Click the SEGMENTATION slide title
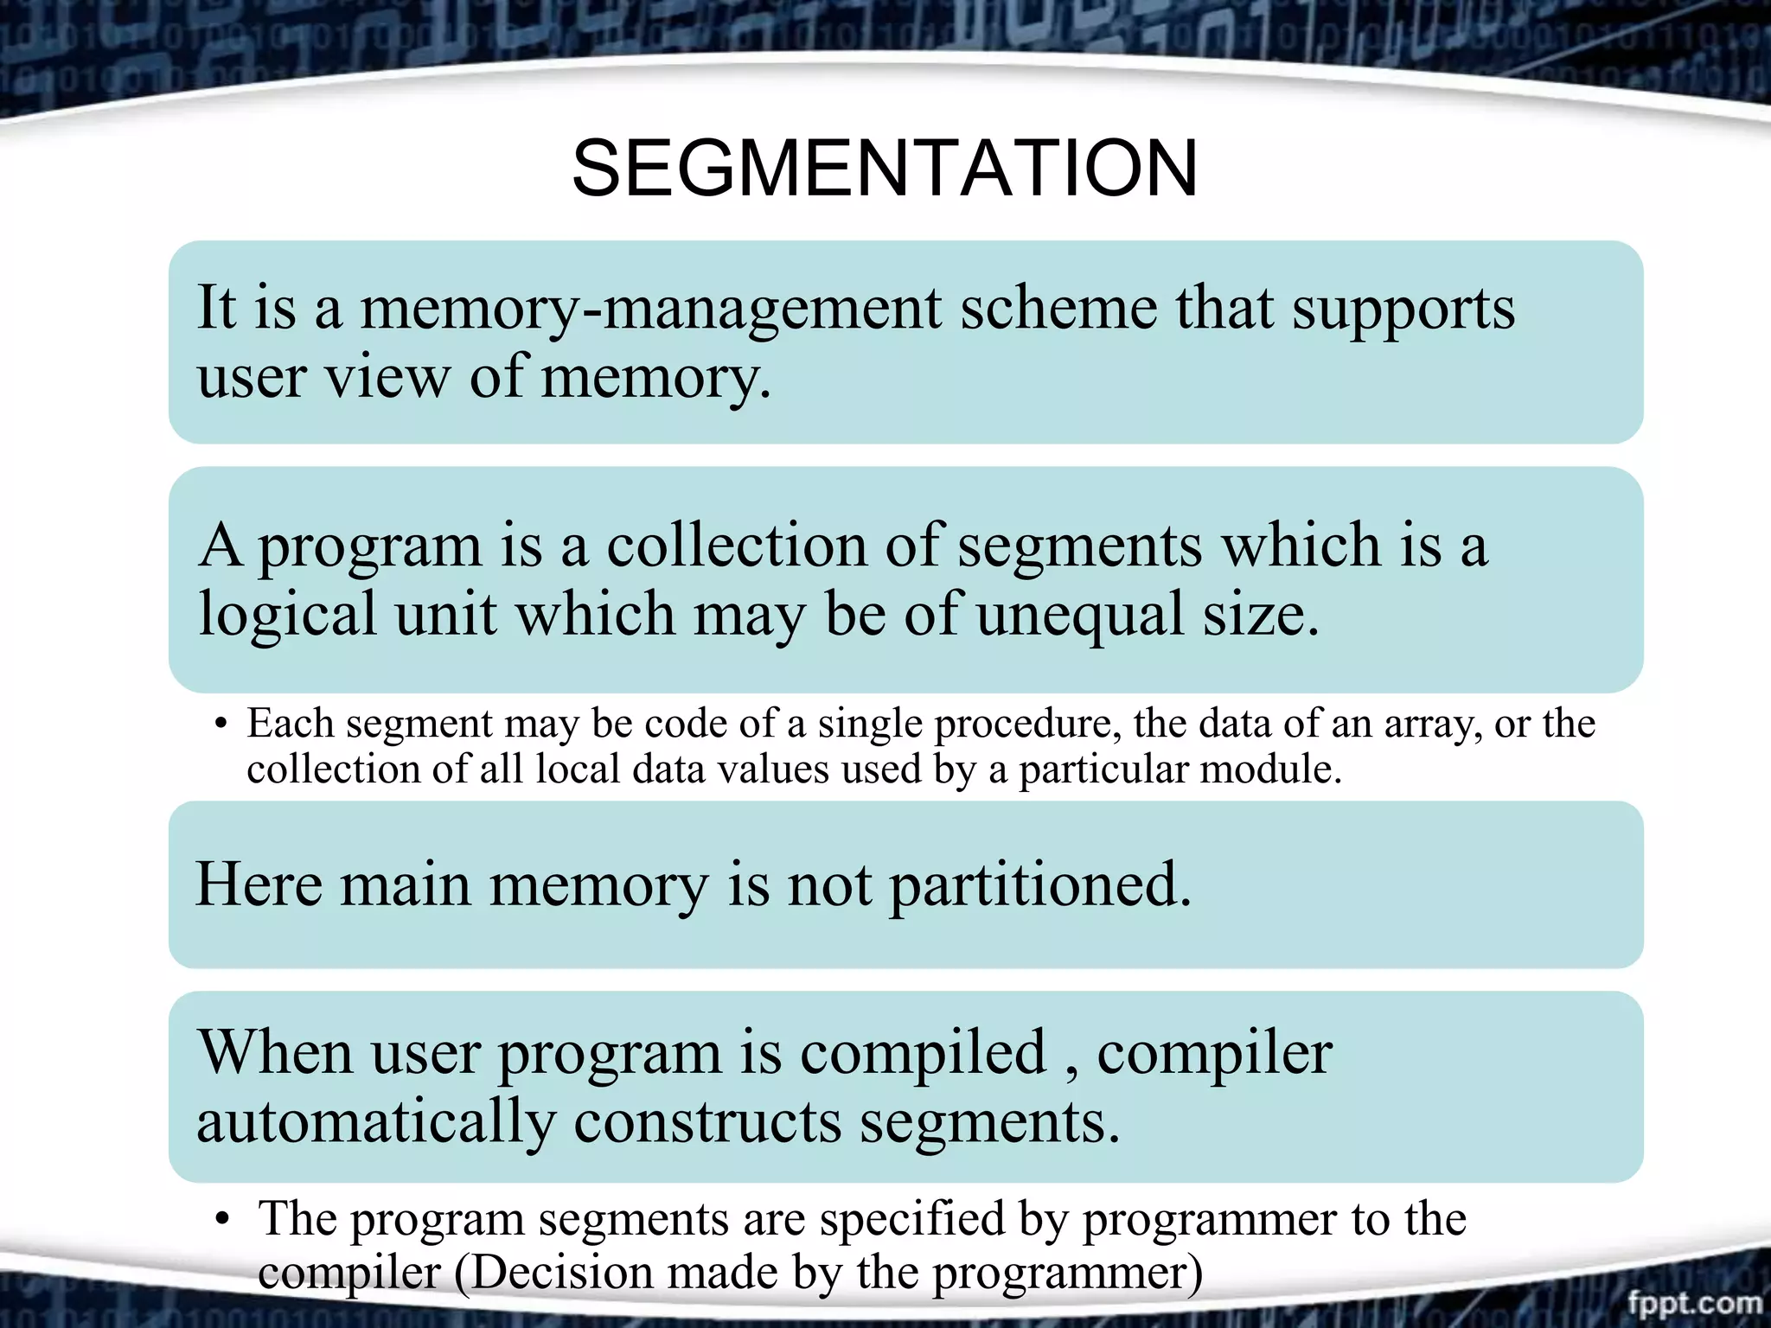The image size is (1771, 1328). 885,169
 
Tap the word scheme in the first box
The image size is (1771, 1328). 1058,309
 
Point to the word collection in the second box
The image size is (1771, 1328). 736,546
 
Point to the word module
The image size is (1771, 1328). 1290,769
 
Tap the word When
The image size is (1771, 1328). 275,1052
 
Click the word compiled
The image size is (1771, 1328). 923,1054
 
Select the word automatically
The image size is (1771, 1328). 376,1122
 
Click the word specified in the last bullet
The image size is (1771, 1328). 911,1221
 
